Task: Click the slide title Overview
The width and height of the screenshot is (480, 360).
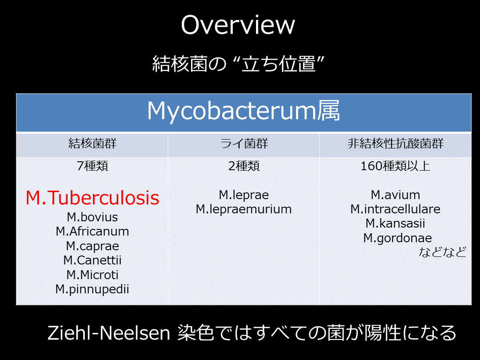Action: click(x=238, y=25)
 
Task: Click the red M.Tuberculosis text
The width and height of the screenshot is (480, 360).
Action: click(x=92, y=198)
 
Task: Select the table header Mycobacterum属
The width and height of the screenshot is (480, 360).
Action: click(x=244, y=111)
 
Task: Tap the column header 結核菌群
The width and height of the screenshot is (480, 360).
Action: click(x=92, y=143)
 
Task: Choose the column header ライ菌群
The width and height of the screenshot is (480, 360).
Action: click(x=244, y=143)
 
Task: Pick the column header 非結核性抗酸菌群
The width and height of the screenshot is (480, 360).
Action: click(x=396, y=143)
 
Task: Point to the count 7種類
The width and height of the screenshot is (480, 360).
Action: click(x=92, y=166)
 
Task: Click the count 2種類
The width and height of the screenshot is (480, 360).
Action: click(x=244, y=166)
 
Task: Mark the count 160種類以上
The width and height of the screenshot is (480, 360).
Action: click(x=396, y=166)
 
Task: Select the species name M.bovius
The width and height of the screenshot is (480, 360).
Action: click(x=92, y=217)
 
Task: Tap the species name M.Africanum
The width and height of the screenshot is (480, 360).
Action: click(x=92, y=232)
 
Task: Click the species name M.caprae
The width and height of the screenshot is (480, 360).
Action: click(x=92, y=246)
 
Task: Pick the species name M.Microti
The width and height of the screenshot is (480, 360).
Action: click(x=92, y=275)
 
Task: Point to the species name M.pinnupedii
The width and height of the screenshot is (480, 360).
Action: click(x=92, y=289)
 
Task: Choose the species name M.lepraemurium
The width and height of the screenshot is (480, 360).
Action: click(x=244, y=209)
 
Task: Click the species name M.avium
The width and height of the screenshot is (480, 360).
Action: click(x=396, y=195)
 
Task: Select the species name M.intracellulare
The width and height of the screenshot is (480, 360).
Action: click(x=396, y=209)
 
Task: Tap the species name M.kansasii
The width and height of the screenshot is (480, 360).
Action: click(x=396, y=224)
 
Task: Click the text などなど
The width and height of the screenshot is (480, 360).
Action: click(x=442, y=252)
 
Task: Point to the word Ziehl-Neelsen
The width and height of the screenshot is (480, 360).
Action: click(x=109, y=333)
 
